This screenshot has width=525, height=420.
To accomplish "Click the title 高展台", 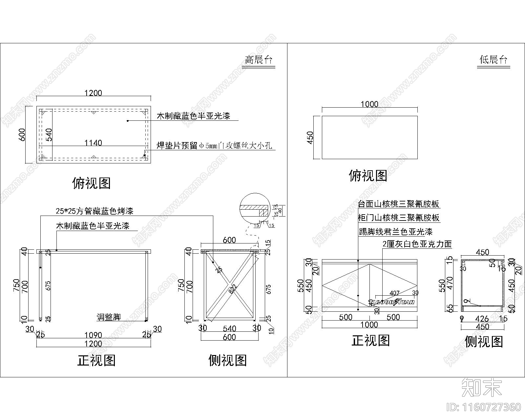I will [259, 60].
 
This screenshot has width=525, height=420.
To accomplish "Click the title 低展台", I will [493, 60].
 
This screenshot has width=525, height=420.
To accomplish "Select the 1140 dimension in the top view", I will [93, 143].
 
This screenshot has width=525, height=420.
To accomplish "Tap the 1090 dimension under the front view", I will [93, 335].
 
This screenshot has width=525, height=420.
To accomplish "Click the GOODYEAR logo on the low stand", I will [395, 302].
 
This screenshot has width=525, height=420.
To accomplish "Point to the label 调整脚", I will [109, 317].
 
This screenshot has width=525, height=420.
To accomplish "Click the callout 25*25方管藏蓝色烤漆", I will [94, 211].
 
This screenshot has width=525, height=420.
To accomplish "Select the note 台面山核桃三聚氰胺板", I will [398, 204].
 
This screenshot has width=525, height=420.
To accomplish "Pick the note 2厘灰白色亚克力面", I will [417, 244].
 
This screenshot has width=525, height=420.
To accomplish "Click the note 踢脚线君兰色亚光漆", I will [396, 232].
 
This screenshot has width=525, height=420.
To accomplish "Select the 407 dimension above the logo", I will [394, 293].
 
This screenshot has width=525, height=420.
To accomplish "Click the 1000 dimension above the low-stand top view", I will [369, 104].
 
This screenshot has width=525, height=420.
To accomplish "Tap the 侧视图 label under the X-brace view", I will [227, 360].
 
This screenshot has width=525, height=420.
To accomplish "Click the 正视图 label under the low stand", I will [370, 341].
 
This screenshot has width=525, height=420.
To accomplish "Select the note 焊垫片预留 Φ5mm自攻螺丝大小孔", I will [214, 146].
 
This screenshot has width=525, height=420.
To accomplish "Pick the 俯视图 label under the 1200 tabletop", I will [92, 183].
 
